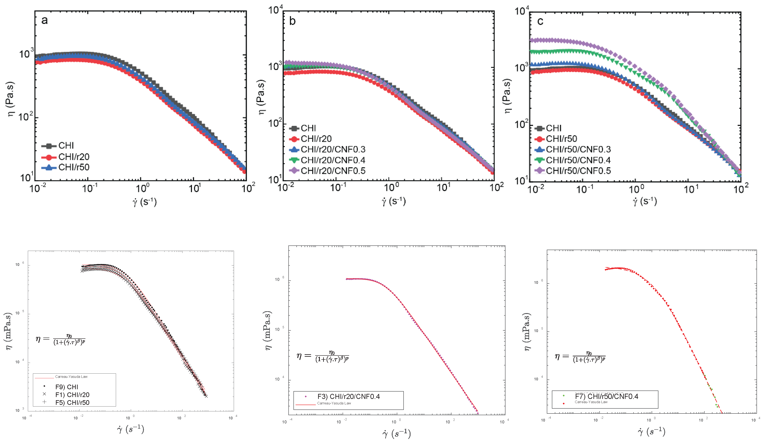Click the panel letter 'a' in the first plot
coord(44,20)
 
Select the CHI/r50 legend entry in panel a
coord(74,167)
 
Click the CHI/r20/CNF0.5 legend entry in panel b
coord(333,171)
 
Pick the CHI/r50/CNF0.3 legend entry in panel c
coord(578,149)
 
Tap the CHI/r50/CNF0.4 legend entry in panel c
coord(578,160)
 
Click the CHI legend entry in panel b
coord(308,128)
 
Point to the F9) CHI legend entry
coord(67,387)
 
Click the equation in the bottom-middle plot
coord(323,356)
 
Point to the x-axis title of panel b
coord(394,201)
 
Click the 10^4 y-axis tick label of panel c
coord(522,11)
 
